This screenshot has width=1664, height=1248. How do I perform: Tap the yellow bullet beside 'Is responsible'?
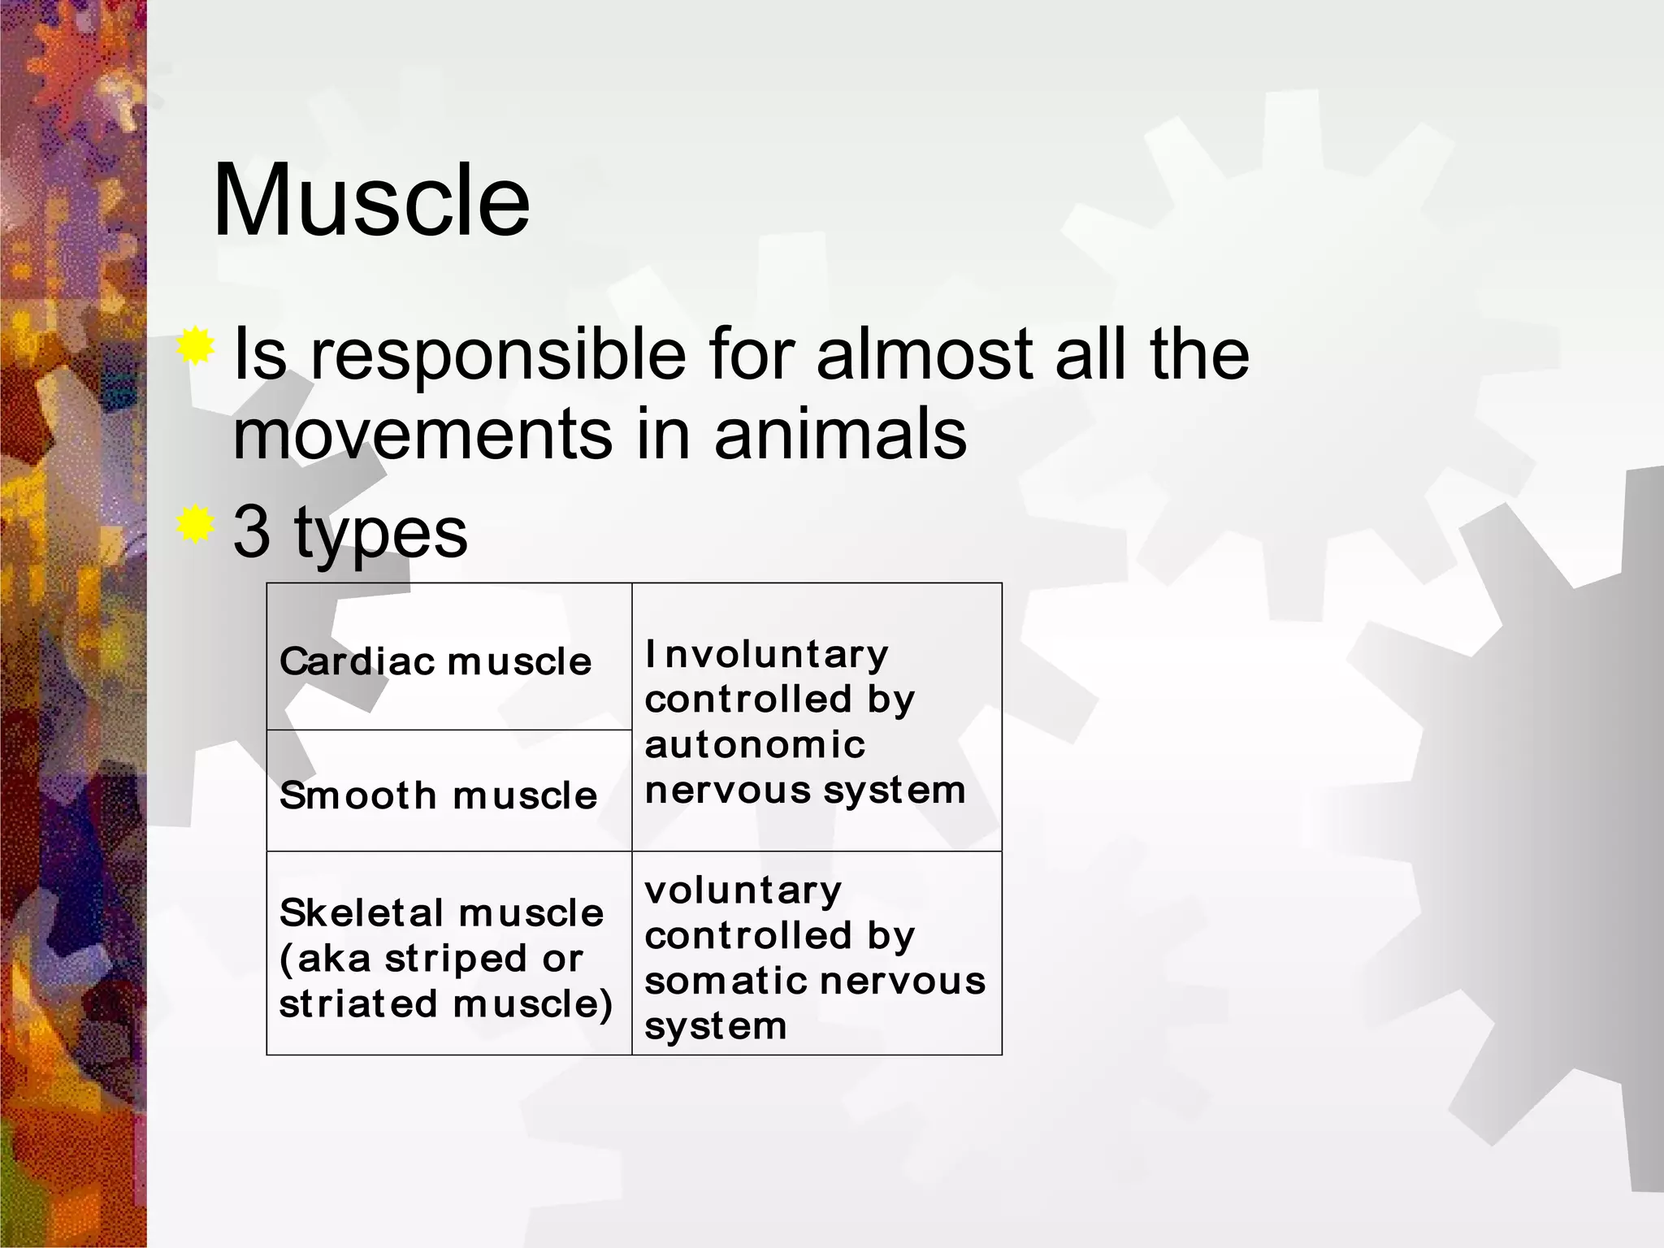[196, 348]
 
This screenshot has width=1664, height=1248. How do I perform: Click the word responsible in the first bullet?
[498, 355]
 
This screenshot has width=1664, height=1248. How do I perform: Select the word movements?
[422, 435]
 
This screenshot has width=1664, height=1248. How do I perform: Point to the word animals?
[840, 435]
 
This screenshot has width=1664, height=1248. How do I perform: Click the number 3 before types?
[251, 531]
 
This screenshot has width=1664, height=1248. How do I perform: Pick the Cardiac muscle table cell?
[435, 661]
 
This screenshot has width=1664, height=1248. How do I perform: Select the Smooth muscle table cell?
[438, 795]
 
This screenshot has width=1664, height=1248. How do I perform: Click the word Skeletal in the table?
[362, 912]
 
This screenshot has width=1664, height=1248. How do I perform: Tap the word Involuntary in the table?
[767, 654]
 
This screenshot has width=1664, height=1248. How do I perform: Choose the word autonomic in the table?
[755, 745]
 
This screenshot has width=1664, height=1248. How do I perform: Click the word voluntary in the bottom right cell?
[743, 890]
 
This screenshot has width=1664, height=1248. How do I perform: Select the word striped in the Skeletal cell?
[456, 960]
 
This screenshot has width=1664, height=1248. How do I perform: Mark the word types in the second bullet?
[380, 533]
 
